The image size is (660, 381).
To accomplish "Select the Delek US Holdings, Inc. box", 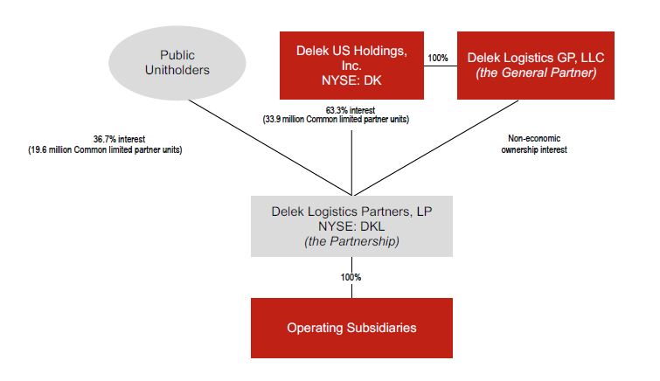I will [351, 66].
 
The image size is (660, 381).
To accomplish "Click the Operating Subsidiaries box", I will [351, 329].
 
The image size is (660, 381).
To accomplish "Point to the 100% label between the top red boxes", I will [437, 58].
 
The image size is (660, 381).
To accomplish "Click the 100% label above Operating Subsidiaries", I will [351, 277].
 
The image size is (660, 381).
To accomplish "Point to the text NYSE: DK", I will [351, 81].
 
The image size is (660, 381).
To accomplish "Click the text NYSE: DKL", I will [351, 225].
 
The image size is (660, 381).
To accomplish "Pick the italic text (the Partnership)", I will [351, 241].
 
